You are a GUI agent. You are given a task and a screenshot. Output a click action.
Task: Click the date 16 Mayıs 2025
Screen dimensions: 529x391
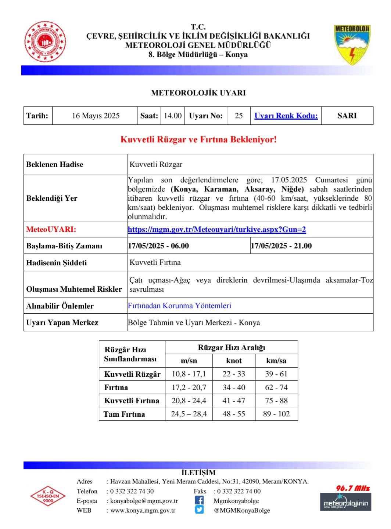click(96, 116)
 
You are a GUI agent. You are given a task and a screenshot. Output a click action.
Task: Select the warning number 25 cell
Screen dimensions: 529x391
click(238, 116)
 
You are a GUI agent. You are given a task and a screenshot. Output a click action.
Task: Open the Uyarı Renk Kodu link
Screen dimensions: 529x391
click(286, 116)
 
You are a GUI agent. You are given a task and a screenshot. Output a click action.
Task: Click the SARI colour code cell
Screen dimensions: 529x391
click(347, 116)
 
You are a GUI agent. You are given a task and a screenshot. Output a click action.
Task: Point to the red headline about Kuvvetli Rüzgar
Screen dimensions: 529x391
click(198, 139)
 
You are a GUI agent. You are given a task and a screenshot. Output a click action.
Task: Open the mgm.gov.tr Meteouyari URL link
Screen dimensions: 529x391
click(217, 230)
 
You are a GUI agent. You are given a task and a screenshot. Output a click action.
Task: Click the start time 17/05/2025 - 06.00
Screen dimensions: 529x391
click(158, 246)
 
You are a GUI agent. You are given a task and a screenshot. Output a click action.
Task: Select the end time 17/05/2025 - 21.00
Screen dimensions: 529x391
click(281, 246)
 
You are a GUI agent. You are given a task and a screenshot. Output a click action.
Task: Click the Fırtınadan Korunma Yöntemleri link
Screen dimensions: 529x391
click(179, 306)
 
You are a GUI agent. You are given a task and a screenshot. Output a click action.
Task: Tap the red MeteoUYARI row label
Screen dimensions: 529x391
click(51, 230)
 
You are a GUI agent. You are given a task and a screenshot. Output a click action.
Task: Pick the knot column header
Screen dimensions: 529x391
click(234, 361)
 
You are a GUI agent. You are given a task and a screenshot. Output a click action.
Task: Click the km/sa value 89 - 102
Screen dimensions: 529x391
click(276, 414)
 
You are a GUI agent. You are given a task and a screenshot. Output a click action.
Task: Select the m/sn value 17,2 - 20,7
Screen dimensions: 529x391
click(189, 387)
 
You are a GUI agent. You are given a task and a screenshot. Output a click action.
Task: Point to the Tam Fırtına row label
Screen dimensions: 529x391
click(124, 414)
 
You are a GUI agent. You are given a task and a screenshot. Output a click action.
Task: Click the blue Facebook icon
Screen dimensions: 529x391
click(199, 500)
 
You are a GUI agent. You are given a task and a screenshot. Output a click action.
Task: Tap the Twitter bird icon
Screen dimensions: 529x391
click(199, 510)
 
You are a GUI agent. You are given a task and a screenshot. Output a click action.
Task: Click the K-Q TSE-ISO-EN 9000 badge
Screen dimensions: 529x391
click(48, 496)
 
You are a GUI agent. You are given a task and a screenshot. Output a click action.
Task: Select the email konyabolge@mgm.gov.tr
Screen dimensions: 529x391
click(144, 501)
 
